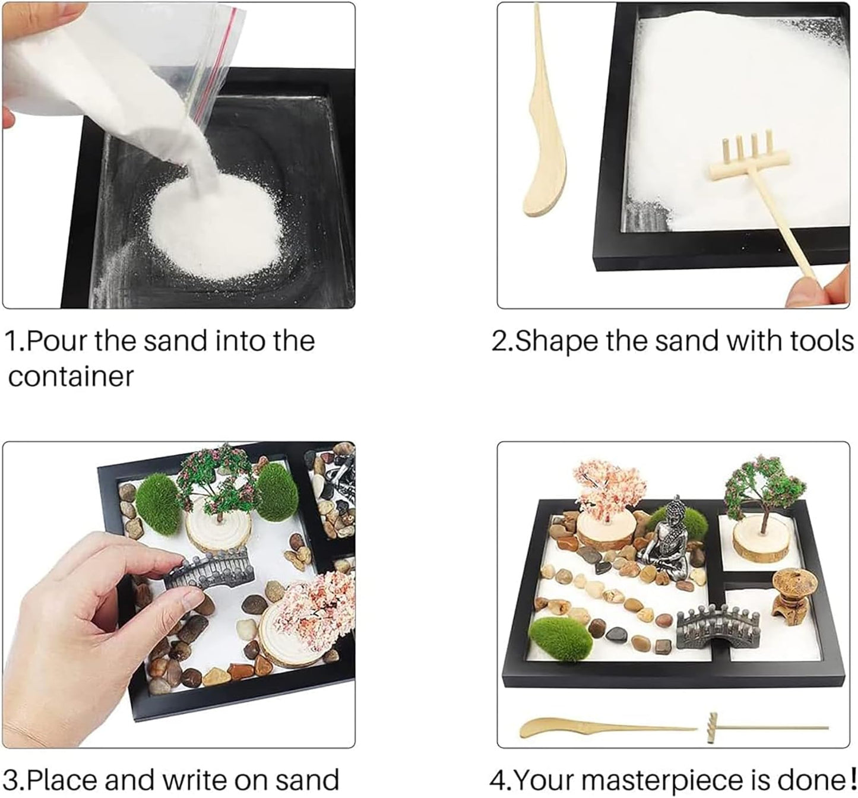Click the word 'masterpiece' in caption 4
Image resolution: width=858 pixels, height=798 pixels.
point(688,778)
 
